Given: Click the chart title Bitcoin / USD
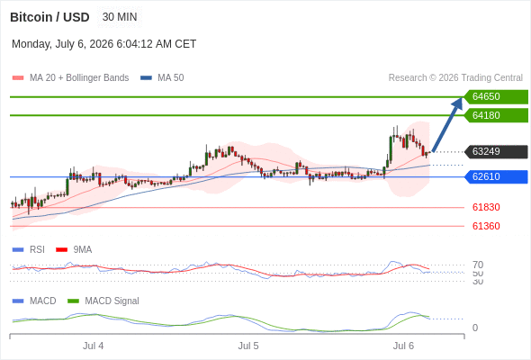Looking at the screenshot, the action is pyautogui.click(x=49, y=17).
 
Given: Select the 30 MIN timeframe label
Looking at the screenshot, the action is pyautogui.click(x=120, y=17).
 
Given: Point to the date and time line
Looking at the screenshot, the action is pyautogui.click(x=104, y=44).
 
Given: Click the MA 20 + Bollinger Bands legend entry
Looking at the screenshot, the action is pyautogui.click(x=70, y=78).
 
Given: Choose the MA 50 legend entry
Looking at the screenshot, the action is pyautogui.click(x=162, y=78).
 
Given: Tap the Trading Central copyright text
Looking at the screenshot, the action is pyautogui.click(x=455, y=78).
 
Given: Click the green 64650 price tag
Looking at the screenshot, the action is pyautogui.click(x=497, y=97).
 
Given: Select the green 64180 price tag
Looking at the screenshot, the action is pyautogui.click(x=497, y=115).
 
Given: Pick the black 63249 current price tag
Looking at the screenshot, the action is pyautogui.click(x=497, y=152).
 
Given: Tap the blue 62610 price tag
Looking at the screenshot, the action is pyautogui.click(x=497, y=176).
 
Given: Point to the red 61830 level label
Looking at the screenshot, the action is pyautogui.click(x=486, y=207).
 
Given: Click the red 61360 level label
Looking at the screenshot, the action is pyautogui.click(x=486, y=226).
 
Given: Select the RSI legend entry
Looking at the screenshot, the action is pyautogui.click(x=29, y=250).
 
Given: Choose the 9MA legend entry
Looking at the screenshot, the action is pyautogui.click(x=74, y=250).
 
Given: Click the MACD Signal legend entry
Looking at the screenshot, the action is pyautogui.click(x=103, y=301).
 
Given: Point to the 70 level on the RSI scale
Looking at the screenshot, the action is pyautogui.click(x=478, y=265).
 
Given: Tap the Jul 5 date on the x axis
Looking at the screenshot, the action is pyautogui.click(x=248, y=346).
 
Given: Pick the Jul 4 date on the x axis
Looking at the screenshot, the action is pyautogui.click(x=93, y=346).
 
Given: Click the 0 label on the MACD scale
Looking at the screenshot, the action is pyautogui.click(x=475, y=328).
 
